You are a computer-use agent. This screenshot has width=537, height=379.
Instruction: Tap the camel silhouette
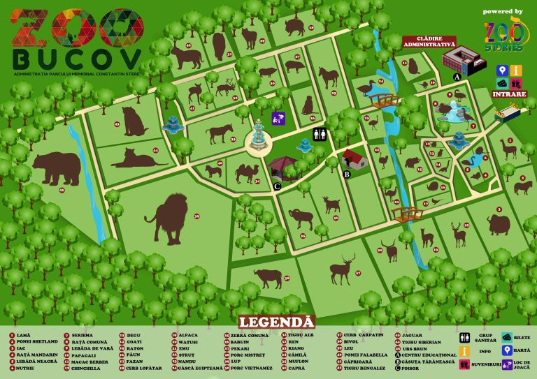247,170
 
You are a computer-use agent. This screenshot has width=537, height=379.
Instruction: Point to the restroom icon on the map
319,134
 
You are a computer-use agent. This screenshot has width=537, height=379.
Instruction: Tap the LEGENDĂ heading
276,322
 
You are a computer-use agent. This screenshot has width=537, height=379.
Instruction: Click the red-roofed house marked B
354,159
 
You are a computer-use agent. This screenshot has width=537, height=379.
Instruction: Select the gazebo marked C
282,168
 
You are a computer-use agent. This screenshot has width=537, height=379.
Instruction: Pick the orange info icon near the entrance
516,70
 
